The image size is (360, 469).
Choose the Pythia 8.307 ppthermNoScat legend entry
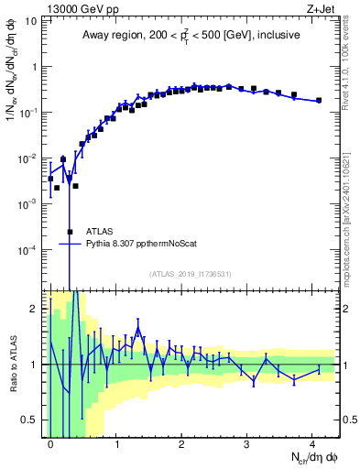143,245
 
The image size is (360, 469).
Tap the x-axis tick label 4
312,442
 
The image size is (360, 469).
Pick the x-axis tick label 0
50,442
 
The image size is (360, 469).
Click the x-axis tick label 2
181,442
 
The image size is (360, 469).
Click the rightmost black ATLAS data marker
319,100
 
